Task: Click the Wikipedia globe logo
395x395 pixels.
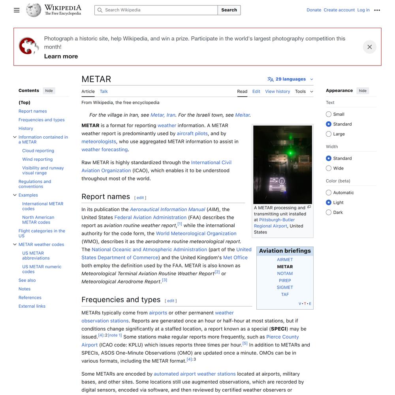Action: tap(34, 10)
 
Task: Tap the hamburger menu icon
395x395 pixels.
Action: tap(17, 10)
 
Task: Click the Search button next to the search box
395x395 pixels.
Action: tap(229, 10)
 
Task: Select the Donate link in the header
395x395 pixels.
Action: tap(314, 10)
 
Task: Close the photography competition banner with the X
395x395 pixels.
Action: tap(369, 47)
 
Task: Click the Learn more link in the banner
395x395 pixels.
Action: tap(61, 56)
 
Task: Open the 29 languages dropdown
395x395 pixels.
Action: tap(290, 79)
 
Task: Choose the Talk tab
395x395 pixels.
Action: tap(103, 92)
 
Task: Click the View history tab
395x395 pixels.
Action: tap(277, 92)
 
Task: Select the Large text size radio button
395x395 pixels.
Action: tap(329, 134)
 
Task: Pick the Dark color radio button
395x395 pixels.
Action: tap(329, 213)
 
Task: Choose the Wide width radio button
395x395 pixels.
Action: tap(329, 168)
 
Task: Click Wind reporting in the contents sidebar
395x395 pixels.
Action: tap(37, 160)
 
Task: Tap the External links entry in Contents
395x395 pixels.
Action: tap(32, 307)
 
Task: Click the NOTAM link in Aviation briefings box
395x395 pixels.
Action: tap(285, 274)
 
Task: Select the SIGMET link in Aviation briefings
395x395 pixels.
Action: tap(285, 288)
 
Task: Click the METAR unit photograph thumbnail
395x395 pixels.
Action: tap(282, 164)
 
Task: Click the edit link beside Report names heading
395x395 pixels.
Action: tap(140, 198)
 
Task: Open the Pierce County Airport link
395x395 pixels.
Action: tap(282, 337)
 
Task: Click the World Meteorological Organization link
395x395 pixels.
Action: tap(196, 234)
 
